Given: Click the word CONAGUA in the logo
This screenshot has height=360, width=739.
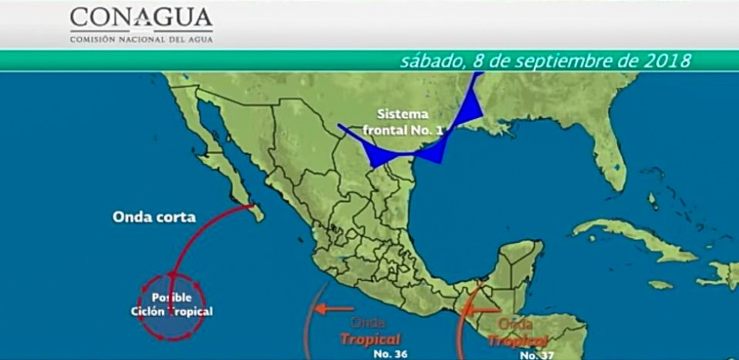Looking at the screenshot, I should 141,18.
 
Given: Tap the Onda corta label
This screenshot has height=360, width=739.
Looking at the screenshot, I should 154,217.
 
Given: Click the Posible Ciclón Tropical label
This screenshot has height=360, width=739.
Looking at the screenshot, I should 172,305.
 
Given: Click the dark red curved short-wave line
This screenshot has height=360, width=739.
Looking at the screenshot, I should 197,236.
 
